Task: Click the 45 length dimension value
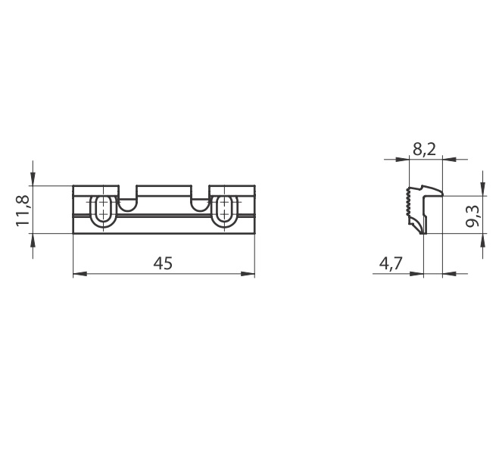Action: [x=163, y=263]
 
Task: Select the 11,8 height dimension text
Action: [x=23, y=210]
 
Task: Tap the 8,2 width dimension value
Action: [x=424, y=149]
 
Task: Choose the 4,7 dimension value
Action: [x=391, y=263]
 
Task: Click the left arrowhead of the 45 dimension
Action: [x=80, y=273]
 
